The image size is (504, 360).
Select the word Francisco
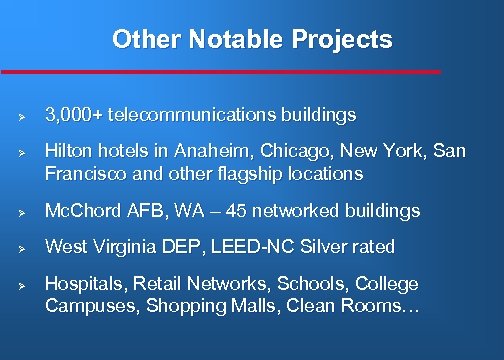tap(81, 174)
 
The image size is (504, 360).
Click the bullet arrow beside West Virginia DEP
tap(20, 248)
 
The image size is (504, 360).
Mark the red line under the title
tap(220, 72)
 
